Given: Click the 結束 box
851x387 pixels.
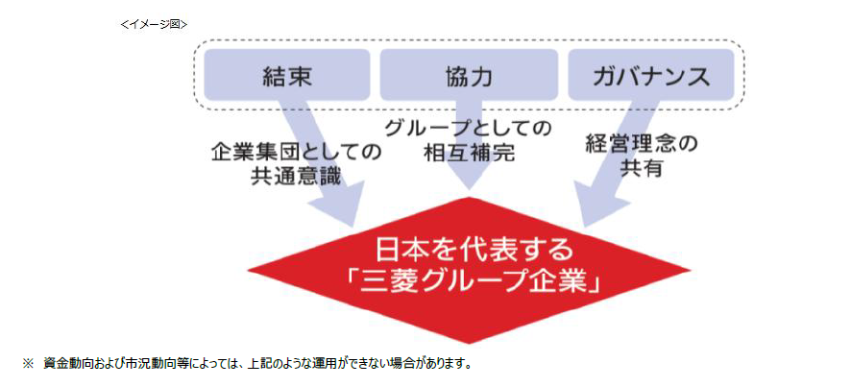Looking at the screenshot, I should coord(287,75).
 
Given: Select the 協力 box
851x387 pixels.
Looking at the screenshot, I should coord(469,75).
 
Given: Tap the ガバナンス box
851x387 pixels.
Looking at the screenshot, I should coord(651,75).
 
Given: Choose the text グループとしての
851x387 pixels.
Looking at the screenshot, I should coord(469,128).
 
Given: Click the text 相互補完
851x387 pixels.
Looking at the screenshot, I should coord(469,152).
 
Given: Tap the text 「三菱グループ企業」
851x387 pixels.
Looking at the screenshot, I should coord(474,283).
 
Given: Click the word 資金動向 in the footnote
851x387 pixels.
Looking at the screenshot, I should coord(63,364).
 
